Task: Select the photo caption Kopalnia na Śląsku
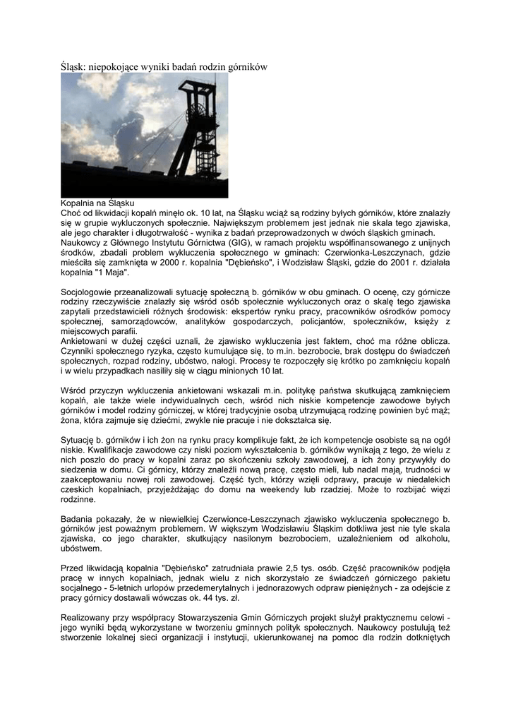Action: (x=93, y=203)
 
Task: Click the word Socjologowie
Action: (x=87, y=292)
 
